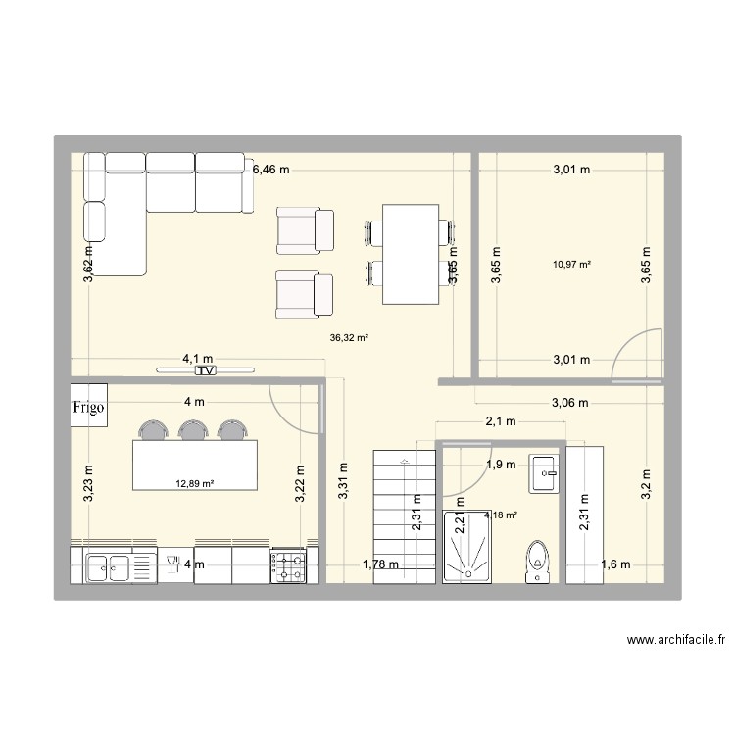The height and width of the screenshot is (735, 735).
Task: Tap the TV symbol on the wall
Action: tap(205, 371)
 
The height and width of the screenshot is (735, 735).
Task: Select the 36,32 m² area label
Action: tap(350, 338)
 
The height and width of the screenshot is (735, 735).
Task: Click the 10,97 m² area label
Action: tap(567, 263)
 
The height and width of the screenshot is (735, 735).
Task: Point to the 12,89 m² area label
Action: tap(195, 483)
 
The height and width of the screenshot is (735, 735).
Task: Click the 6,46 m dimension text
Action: tap(271, 170)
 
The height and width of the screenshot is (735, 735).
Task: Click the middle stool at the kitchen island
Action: tap(192, 430)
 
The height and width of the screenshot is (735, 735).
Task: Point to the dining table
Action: tap(410, 254)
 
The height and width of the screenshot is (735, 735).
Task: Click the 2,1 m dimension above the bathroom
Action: tap(501, 422)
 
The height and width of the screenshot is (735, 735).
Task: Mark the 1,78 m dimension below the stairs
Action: tap(380, 563)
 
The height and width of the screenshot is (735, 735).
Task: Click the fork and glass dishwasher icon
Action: tap(173, 563)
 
